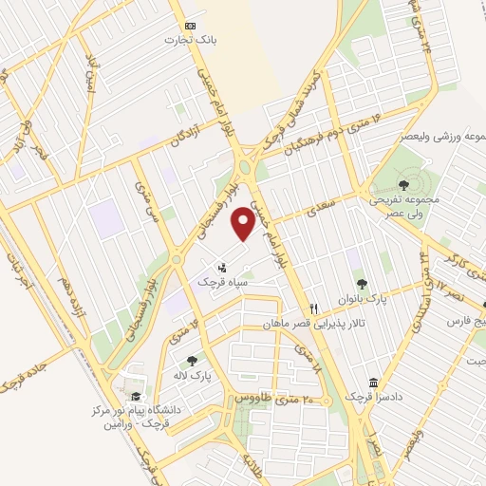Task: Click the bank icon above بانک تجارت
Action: pyautogui.click(x=191, y=25)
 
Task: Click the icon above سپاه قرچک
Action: pyautogui.click(x=222, y=267)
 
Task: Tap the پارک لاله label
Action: pyautogui.click(x=194, y=375)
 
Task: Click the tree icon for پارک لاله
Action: pyautogui.click(x=193, y=361)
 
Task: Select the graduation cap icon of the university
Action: pyautogui.click(x=136, y=396)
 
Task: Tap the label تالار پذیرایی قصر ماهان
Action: pyautogui.click(x=308, y=325)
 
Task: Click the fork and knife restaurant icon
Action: pyautogui.click(x=313, y=309)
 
